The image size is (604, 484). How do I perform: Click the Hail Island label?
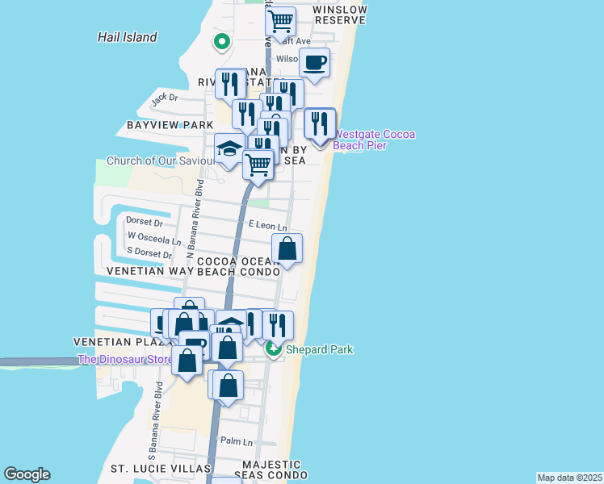127,37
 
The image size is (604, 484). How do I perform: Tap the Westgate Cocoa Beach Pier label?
374,140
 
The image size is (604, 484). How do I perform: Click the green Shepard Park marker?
274,349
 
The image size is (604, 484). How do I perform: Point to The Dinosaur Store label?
125,359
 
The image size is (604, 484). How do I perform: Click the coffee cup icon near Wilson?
314,62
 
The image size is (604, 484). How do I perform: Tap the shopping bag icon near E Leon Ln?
287,248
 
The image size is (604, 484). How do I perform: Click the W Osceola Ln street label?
154,236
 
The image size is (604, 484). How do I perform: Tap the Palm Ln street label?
237,442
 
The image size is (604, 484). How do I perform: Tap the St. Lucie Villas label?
161,469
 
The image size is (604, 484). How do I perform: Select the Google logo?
27,474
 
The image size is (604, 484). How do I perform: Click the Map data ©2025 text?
569,478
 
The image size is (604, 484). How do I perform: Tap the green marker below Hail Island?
221,41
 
